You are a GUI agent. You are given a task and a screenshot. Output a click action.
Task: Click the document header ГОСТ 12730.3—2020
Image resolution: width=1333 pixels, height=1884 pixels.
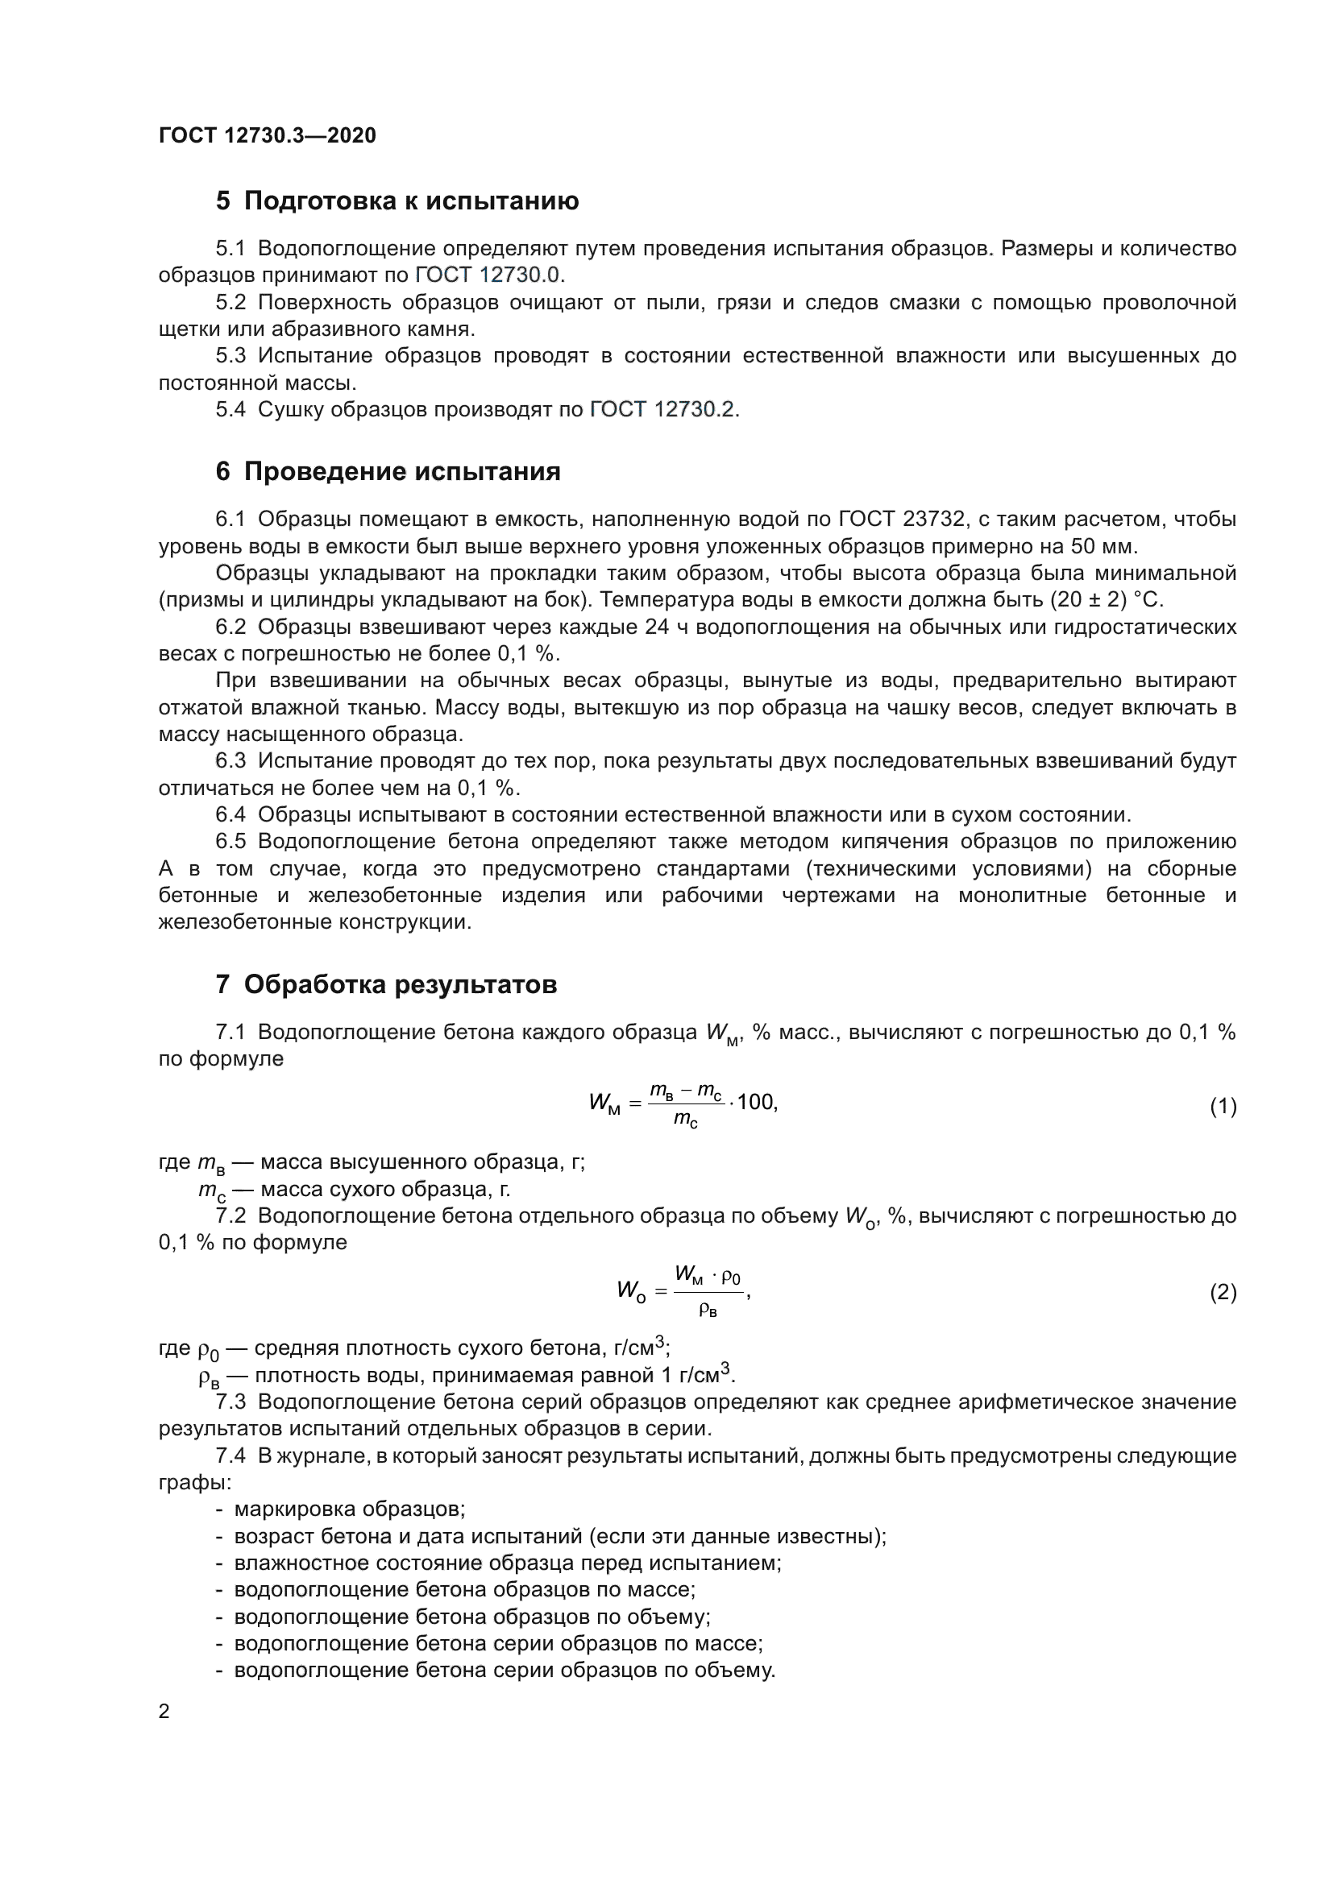267,135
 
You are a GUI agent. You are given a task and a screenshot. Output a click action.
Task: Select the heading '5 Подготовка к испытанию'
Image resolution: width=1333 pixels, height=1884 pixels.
397,201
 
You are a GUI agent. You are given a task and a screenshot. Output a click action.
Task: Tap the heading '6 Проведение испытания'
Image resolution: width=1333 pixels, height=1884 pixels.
388,472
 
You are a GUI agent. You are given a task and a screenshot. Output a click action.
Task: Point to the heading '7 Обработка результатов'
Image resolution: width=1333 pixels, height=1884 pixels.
386,984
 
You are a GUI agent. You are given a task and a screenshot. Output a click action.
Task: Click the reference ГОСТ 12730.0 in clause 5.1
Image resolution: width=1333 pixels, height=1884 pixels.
489,275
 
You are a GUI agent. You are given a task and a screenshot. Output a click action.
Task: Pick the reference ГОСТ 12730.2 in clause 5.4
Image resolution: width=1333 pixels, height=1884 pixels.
663,409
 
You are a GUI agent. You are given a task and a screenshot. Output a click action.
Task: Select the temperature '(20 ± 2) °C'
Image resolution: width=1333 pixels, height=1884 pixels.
1107,600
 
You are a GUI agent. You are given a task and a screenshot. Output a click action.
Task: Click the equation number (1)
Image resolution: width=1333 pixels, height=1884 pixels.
1223,1107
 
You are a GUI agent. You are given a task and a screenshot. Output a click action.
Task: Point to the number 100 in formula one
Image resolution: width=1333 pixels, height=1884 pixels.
756,1103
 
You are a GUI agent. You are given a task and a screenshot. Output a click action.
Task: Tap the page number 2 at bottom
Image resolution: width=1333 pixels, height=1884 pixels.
164,1712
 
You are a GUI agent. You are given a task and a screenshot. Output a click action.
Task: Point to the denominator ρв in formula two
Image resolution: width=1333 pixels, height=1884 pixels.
708,1311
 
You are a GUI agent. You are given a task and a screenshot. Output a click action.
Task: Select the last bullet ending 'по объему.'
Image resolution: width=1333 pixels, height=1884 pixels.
504,1671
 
